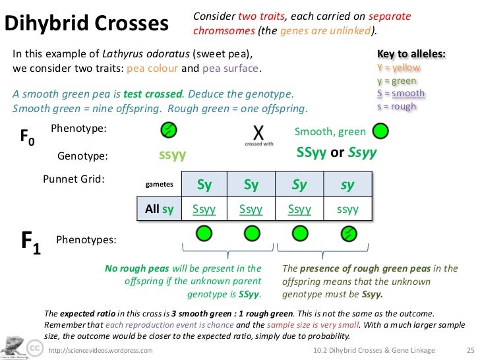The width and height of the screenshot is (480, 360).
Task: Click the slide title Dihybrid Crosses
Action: click(x=87, y=23)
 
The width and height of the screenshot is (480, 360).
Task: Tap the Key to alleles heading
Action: click(x=410, y=53)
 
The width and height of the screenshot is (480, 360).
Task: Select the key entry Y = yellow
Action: click(x=398, y=67)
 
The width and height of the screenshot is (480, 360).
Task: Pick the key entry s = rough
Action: click(x=396, y=106)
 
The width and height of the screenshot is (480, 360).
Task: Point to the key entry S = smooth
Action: click(x=400, y=94)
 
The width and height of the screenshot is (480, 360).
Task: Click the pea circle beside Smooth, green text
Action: click(x=380, y=132)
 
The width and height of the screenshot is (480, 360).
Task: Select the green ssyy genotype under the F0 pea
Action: click(x=173, y=156)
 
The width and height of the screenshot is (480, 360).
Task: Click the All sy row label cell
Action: click(x=159, y=210)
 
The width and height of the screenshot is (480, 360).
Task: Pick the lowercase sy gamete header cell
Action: click(x=347, y=185)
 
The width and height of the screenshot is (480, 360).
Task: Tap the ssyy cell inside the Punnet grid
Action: click(x=347, y=210)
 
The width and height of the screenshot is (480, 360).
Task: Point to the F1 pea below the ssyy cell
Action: click(x=349, y=233)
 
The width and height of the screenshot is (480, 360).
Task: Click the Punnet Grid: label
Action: click(x=73, y=179)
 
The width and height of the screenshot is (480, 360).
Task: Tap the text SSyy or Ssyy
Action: click(x=336, y=153)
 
